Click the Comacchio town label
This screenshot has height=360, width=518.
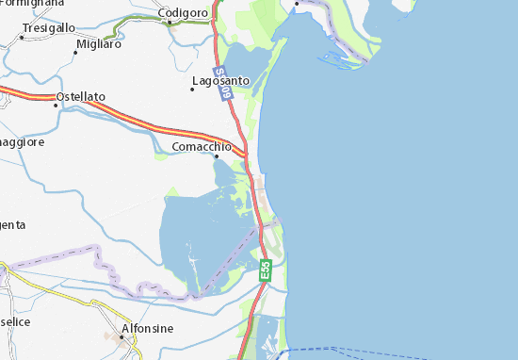click(x=202, y=147)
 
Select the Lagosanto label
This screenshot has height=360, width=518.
click(x=220, y=81)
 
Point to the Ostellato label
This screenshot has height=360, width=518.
click(x=81, y=97)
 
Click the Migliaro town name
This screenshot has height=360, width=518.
click(x=99, y=43)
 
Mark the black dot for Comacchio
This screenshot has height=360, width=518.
click(x=215, y=156)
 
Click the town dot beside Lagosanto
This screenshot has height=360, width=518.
click(x=193, y=89)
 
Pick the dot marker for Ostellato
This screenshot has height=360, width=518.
click(x=57, y=105)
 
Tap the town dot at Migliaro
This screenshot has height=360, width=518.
click(x=75, y=52)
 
